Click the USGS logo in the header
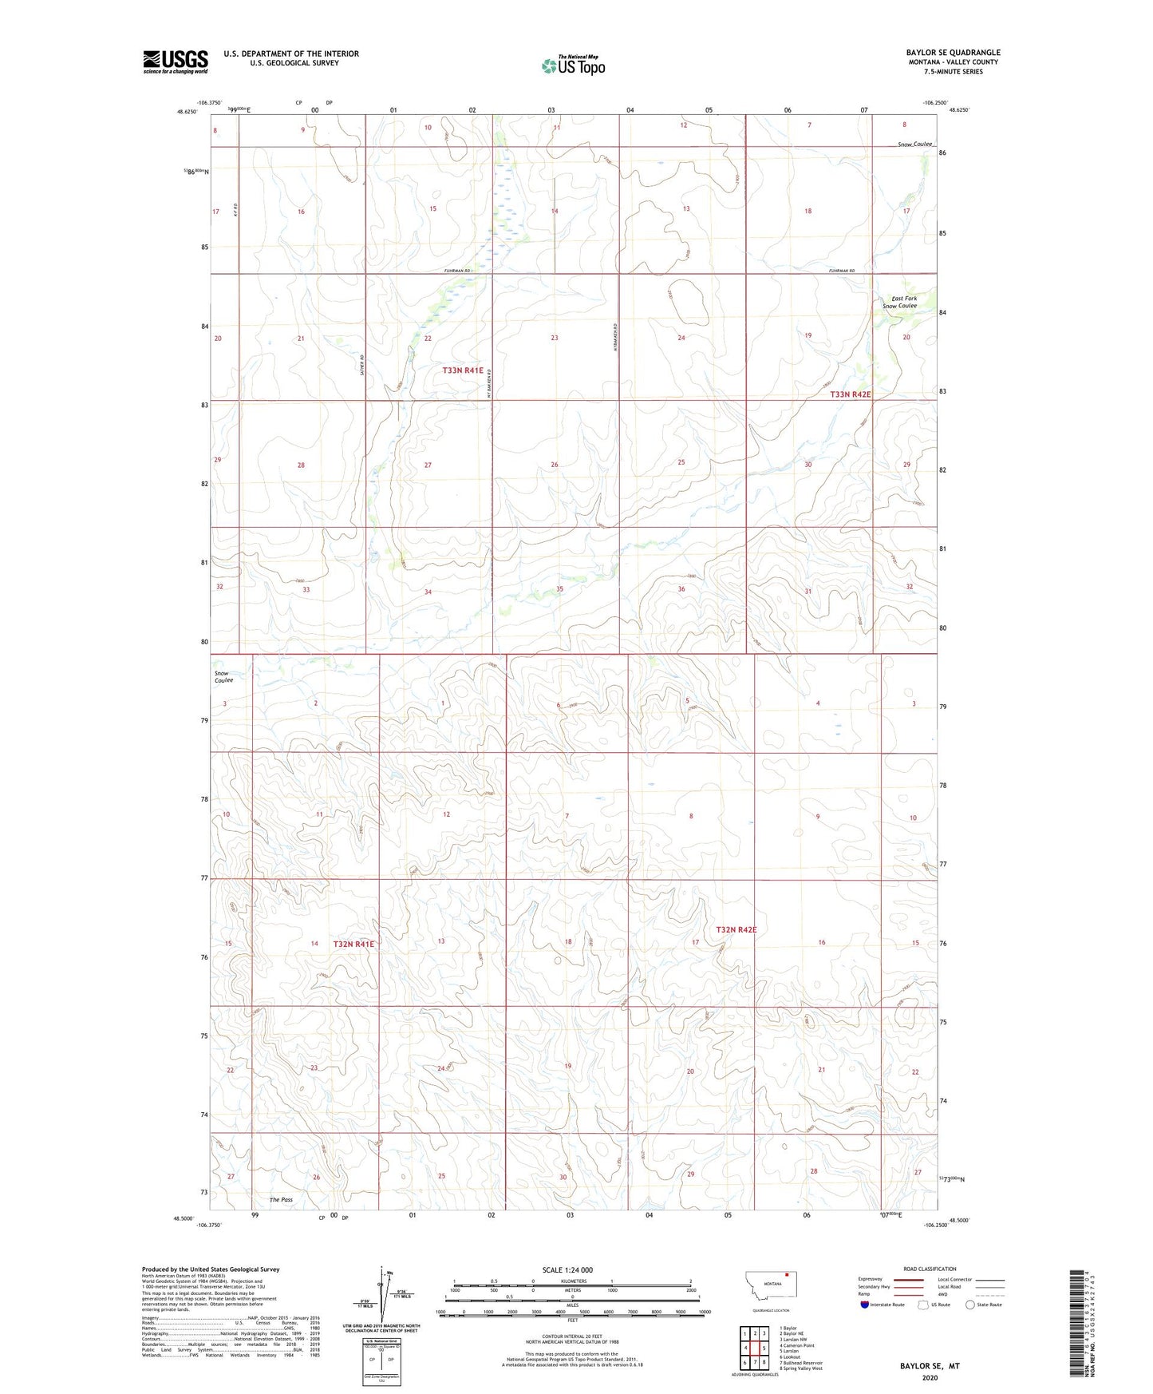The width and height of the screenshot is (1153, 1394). click(x=175, y=61)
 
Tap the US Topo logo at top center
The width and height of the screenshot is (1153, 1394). click(x=573, y=65)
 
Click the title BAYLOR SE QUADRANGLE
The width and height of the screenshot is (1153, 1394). click(x=953, y=53)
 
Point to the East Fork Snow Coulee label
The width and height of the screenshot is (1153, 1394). click(x=899, y=302)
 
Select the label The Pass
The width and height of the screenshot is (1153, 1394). click(x=281, y=1199)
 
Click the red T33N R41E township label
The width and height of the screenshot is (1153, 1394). click(x=463, y=370)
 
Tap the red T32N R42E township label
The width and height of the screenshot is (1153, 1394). click(x=736, y=929)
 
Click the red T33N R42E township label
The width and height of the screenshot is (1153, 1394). click(x=850, y=394)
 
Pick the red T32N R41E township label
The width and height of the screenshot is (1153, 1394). click(x=353, y=944)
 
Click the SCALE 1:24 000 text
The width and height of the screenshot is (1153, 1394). click(x=567, y=1269)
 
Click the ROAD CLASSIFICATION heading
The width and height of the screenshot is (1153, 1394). click(x=930, y=1269)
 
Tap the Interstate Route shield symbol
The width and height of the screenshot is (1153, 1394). click(x=866, y=1305)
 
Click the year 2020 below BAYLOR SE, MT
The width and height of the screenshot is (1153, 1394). click(x=930, y=1377)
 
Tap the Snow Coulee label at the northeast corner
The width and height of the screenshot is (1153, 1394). click(x=914, y=144)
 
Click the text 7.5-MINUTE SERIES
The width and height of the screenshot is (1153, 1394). click(x=953, y=72)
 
